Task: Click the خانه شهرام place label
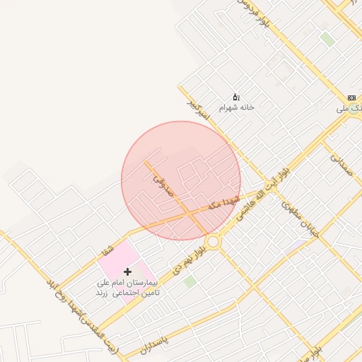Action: pos(236,107)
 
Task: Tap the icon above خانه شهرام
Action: pos(236,97)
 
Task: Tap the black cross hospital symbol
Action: pos(127,271)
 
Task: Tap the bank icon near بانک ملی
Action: pos(352,98)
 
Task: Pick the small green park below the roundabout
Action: pos(189,281)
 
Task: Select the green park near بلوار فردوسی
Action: pos(327,39)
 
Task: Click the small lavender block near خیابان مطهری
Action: pos(300,244)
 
